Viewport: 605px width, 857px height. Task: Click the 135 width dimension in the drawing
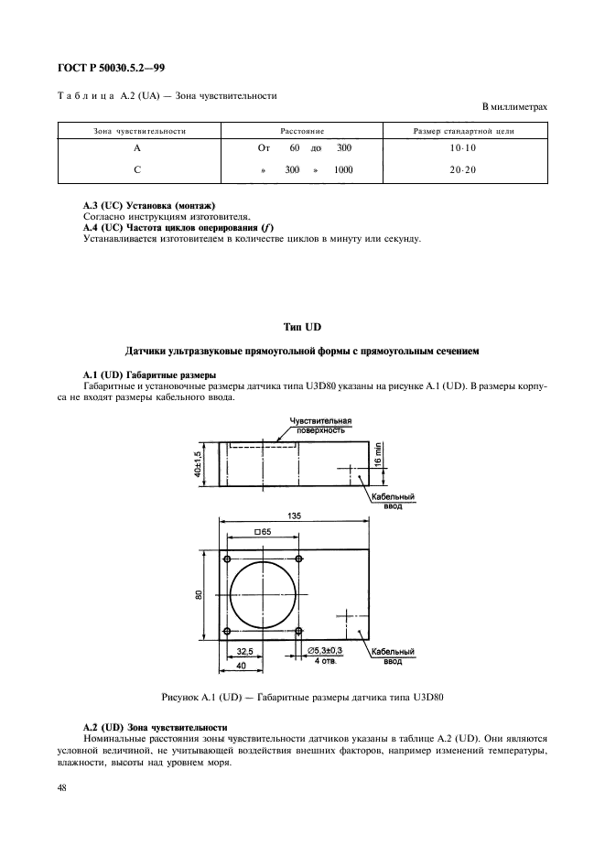pyautogui.click(x=294, y=516)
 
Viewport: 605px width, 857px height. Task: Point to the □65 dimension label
pyautogui.click(x=263, y=532)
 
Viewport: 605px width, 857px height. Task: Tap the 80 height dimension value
pyautogui.click(x=199, y=594)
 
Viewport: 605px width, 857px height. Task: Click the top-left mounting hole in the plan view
pyautogui.click(x=226, y=559)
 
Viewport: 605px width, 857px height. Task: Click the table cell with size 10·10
pyautogui.click(x=476, y=147)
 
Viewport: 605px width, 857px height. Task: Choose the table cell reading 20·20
pyautogui.click(x=476, y=170)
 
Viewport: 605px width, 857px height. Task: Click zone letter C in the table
pyautogui.click(x=135, y=170)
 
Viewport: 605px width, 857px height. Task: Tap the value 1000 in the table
pyautogui.click(x=343, y=170)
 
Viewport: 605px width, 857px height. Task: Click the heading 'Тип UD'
pyautogui.click(x=302, y=327)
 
